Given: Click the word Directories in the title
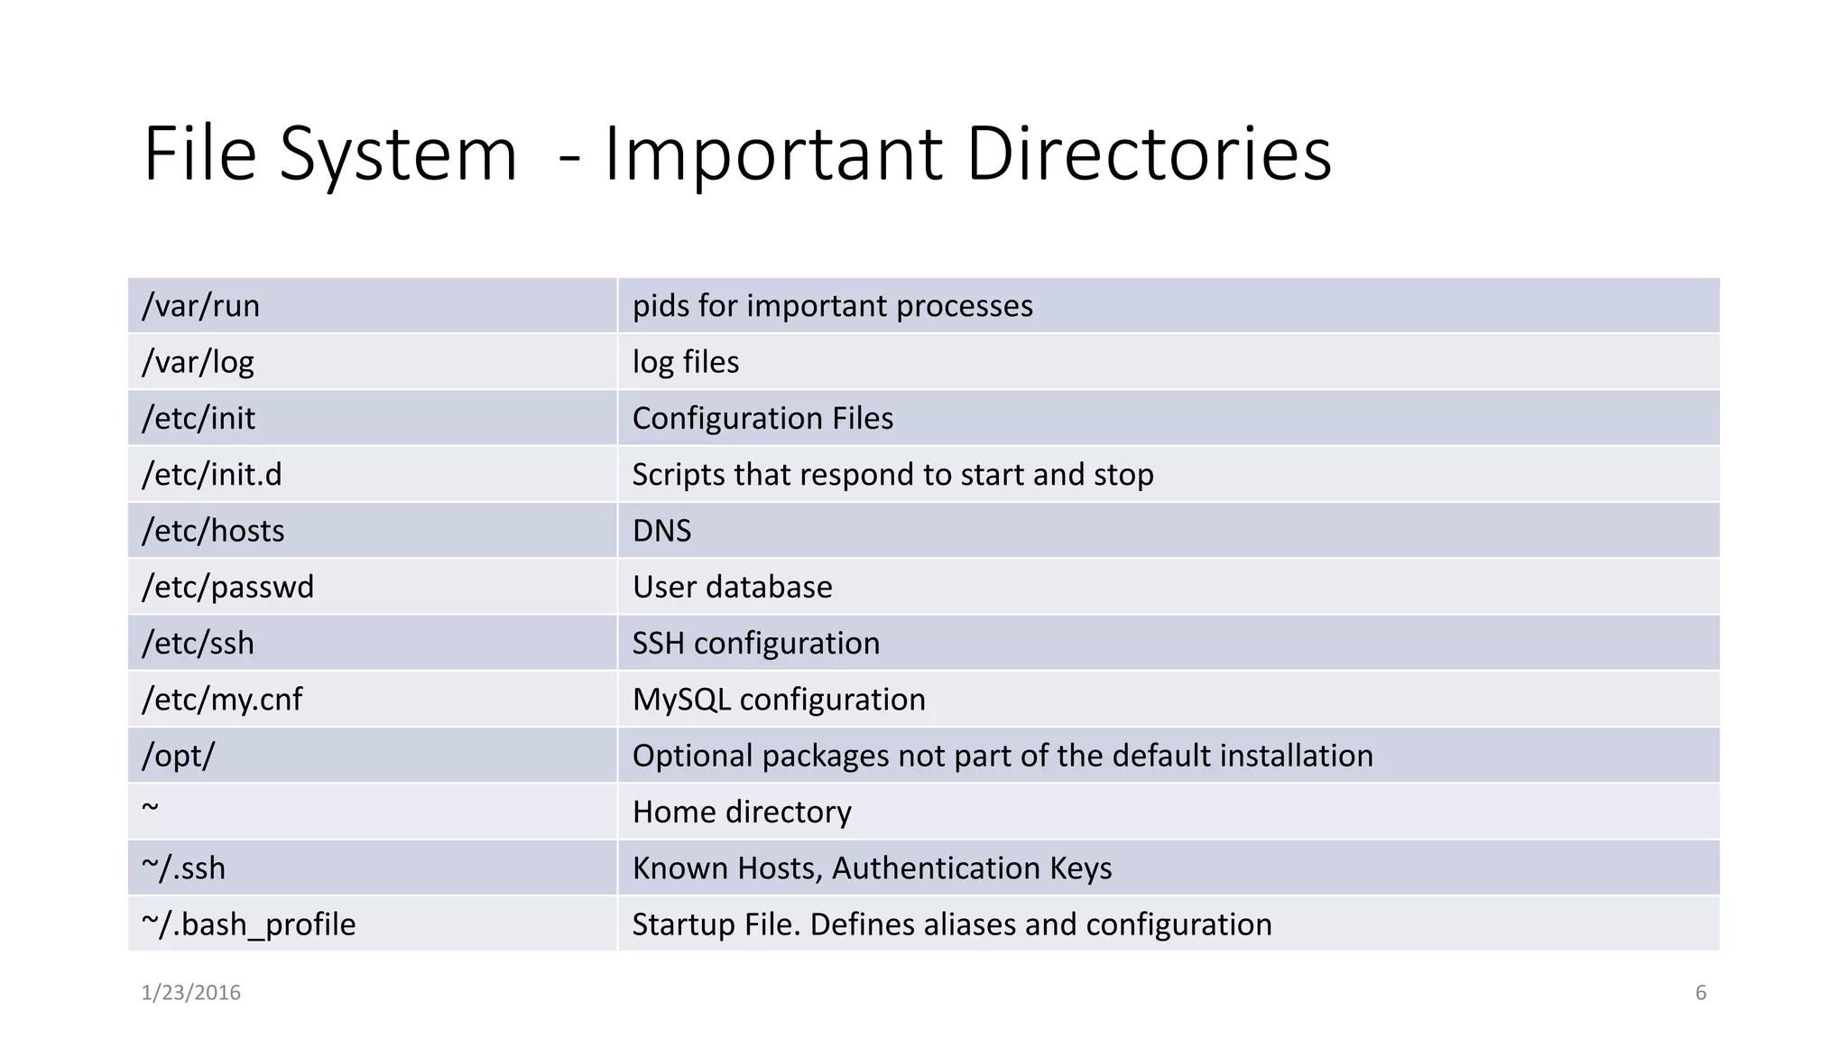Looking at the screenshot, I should pos(1148,154).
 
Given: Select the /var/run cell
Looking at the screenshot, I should pos(200,306).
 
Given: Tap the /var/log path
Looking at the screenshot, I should pos(198,362).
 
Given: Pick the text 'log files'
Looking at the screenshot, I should pos(685,362).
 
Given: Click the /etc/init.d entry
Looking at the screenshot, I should pos(211,475).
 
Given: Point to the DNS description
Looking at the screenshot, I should pos(661,531).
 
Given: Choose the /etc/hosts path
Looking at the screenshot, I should pos(213,531).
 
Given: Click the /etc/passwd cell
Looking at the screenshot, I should pos(227,588).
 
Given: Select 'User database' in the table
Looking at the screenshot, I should pos(732,588).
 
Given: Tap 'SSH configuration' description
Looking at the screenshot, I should pos(755,644).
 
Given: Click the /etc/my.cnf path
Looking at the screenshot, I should pos(222,700).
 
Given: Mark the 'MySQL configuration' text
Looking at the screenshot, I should pos(779,700).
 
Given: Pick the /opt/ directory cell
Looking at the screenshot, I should pos(178,756).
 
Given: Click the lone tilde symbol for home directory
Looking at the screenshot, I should pos(150,807).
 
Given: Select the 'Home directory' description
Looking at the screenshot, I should pos(742,812).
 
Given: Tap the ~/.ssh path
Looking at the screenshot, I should pos(183,868).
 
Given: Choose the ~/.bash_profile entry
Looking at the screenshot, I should pos(248,924).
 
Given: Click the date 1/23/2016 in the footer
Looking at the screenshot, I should pos(190,993).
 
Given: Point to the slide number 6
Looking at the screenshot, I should pos(1700,993).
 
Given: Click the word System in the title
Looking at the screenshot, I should pos(398,154).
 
